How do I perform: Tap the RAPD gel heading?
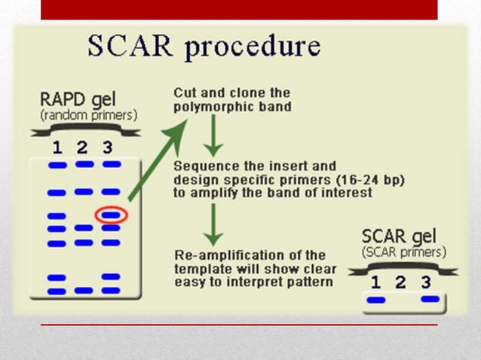point(75,100)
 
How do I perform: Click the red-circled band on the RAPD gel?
point(111,215)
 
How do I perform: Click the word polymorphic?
point(208,107)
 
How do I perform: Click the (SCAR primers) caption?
point(403,251)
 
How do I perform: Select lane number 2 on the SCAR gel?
point(400,282)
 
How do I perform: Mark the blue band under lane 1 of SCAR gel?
point(375,300)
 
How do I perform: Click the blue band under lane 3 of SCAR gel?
point(430,299)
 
